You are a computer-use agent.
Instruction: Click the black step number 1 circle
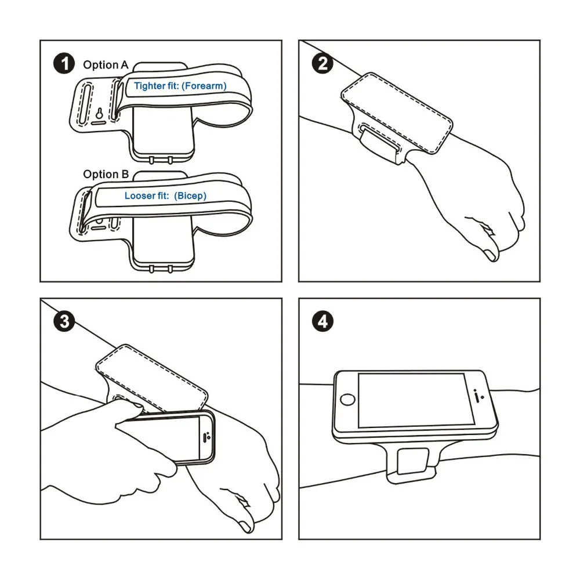[64, 63]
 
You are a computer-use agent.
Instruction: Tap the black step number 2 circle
[322, 63]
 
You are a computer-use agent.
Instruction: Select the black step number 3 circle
[64, 321]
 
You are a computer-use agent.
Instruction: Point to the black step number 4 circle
[322, 321]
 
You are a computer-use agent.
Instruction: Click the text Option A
[106, 65]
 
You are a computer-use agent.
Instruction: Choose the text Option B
[106, 174]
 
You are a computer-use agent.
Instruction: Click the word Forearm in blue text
[204, 86]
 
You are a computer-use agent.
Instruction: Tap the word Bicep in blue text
[190, 195]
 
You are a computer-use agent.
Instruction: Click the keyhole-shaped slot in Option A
[99, 113]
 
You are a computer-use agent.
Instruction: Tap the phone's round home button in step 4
[347, 400]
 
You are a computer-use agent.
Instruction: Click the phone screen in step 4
[416, 400]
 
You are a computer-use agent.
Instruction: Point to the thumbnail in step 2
[491, 255]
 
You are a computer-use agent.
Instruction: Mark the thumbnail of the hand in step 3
[245, 527]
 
